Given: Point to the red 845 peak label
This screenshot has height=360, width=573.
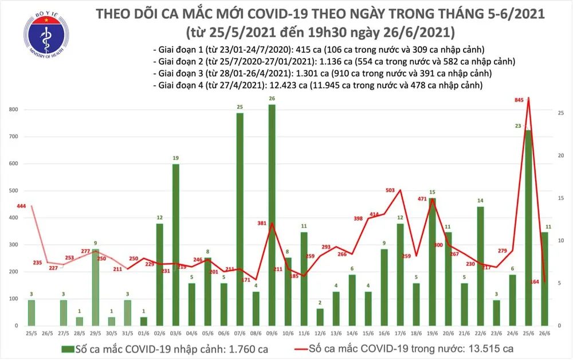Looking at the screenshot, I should click(x=520, y=100).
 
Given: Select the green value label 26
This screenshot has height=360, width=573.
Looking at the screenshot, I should click(x=272, y=99).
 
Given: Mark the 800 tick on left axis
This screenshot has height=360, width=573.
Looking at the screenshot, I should click(x=13, y=109).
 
